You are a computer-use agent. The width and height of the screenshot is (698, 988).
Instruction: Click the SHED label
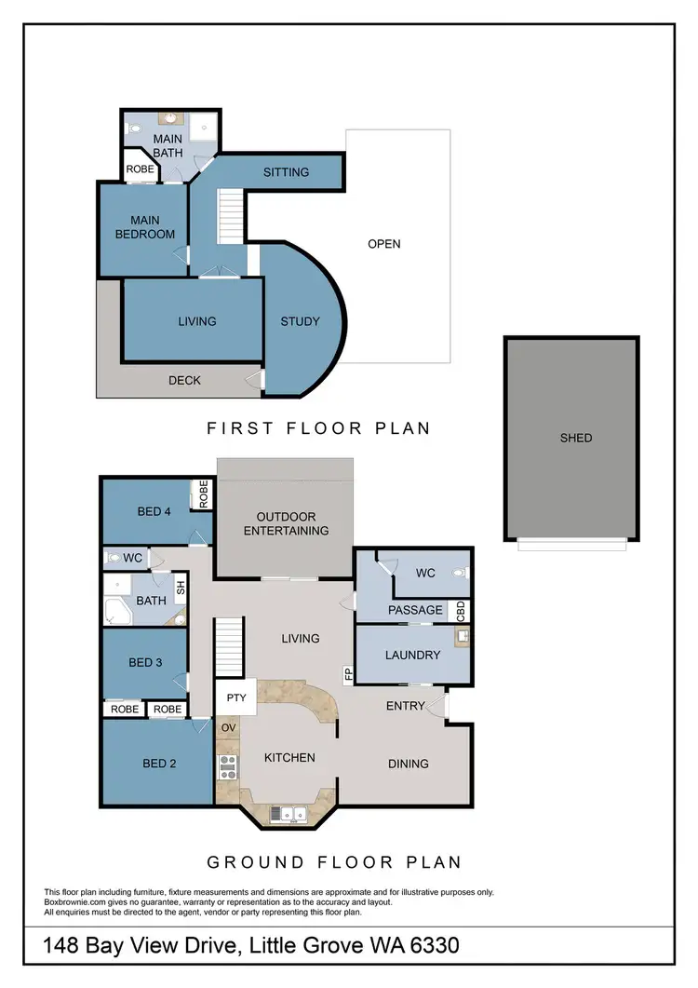tap(576, 438)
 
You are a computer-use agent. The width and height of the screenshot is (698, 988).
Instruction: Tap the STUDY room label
tap(300, 321)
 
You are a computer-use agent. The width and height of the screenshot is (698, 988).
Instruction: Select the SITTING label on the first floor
tap(286, 172)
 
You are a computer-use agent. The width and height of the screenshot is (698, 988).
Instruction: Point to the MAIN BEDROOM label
tap(145, 227)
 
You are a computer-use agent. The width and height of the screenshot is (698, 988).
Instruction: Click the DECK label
tap(184, 380)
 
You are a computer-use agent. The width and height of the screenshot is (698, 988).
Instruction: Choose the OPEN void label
tap(383, 244)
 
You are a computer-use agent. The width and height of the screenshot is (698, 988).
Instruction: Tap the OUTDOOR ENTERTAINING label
tap(286, 523)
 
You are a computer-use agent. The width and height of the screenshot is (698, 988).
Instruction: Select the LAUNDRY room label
tap(412, 655)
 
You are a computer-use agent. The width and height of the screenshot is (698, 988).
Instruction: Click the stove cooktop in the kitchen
tap(226, 765)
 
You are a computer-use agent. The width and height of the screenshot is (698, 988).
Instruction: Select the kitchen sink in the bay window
tap(288, 813)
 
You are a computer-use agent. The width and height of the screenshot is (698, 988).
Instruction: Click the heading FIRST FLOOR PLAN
tap(318, 428)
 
